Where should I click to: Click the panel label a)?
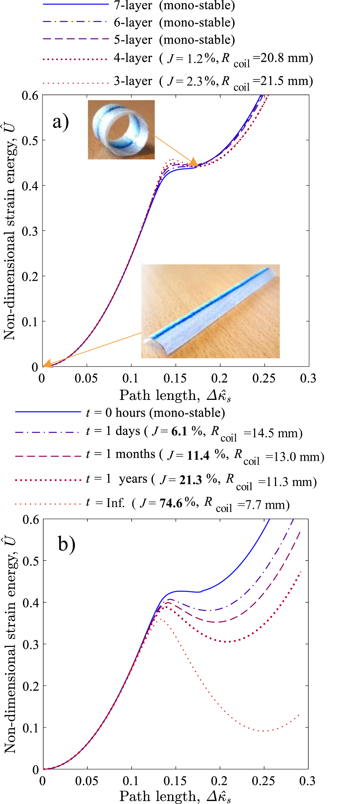(60, 122)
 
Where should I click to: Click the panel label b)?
(66, 544)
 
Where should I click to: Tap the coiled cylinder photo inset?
(121, 130)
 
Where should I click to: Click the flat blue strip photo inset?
(210, 311)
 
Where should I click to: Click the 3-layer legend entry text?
(133, 81)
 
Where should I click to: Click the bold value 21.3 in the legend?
(191, 480)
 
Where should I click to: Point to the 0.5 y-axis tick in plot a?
(30, 141)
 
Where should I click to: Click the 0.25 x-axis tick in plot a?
(264, 378)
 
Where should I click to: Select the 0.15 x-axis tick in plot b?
(175, 781)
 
